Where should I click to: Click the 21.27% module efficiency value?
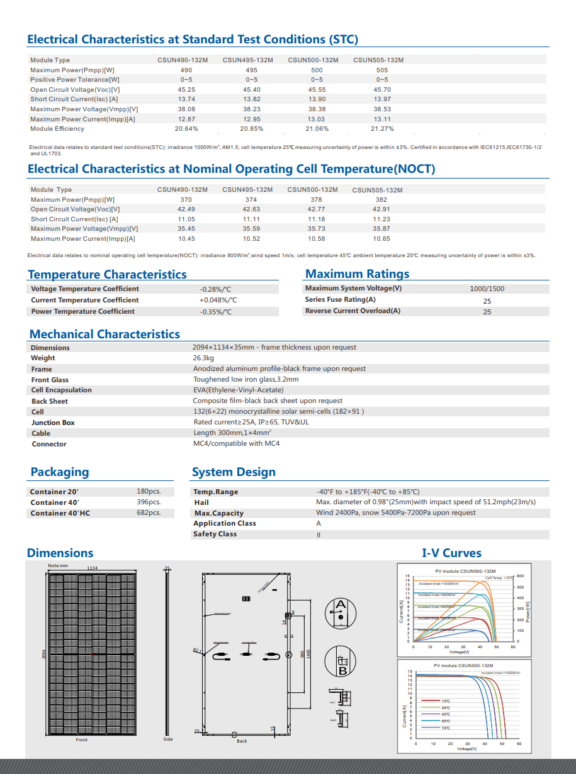tap(382, 129)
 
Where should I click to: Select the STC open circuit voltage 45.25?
tap(186, 90)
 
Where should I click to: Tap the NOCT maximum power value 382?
tap(381, 199)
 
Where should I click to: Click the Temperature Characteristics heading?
tap(107, 274)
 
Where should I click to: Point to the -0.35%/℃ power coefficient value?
tap(215, 312)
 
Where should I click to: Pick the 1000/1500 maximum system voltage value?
tap(487, 289)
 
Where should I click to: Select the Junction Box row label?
tap(53, 423)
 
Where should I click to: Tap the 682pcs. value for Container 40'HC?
tap(149, 513)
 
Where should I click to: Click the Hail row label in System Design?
tap(201, 502)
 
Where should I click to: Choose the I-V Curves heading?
tap(451, 553)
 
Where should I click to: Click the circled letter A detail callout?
tap(341, 610)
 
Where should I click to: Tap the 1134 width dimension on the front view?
tap(92, 568)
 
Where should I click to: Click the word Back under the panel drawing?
tap(242, 741)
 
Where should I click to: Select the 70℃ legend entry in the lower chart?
tap(446, 727)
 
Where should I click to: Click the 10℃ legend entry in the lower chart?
tap(446, 700)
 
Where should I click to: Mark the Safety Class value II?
tap(319, 534)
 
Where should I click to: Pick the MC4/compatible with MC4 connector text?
tap(236, 444)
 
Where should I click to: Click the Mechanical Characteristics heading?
tap(104, 334)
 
